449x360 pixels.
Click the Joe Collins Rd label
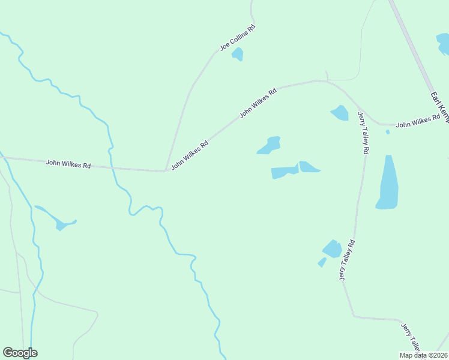238,37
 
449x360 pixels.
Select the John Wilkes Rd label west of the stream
68,163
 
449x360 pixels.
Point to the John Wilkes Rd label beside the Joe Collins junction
190,155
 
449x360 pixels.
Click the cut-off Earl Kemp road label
439,107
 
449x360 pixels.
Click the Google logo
20,353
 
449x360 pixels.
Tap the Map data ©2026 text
423,355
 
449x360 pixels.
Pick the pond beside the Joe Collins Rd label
238,54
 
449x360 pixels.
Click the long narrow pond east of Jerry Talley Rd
388,183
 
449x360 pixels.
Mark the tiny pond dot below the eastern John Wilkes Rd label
388,132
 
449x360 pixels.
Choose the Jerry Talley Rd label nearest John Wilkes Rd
362,133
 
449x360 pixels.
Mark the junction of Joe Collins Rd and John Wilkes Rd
165,171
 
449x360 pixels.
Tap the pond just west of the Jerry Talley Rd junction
340,113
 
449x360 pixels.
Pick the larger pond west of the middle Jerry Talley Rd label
332,248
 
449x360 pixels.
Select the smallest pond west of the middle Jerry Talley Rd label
322,262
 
